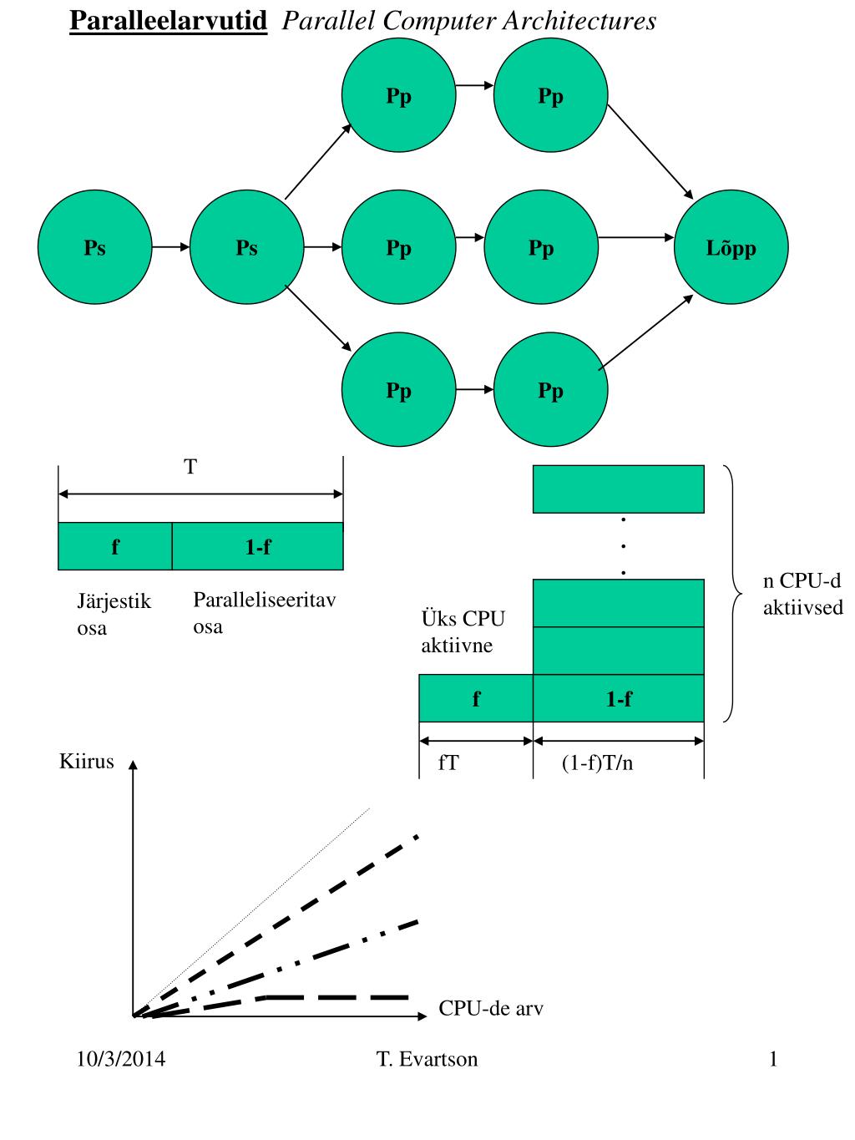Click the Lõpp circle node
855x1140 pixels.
coord(731,248)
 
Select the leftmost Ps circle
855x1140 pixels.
coord(94,248)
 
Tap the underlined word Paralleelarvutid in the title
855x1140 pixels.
coord(168,21)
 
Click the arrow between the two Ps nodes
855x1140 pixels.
coord(170,247)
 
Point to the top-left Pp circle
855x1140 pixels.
coord(398,96)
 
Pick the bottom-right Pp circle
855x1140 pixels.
coord(550,390)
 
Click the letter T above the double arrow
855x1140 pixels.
coord(190,467)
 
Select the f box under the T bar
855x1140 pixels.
coord(115,547)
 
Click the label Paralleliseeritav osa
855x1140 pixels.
coord(264,612)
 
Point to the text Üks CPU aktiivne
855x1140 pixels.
coord(463,632)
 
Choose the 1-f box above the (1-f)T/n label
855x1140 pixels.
coord(618,699)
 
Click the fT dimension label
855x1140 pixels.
coord(448,763)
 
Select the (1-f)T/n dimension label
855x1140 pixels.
coord(597,763)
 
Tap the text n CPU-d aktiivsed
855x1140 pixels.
coord(802,595)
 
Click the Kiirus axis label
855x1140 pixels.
coord(86,762)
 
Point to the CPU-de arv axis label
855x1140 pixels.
coord(491,1009)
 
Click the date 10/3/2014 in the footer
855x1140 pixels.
coord(120,1060)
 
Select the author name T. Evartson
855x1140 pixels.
coord(427,1060)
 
